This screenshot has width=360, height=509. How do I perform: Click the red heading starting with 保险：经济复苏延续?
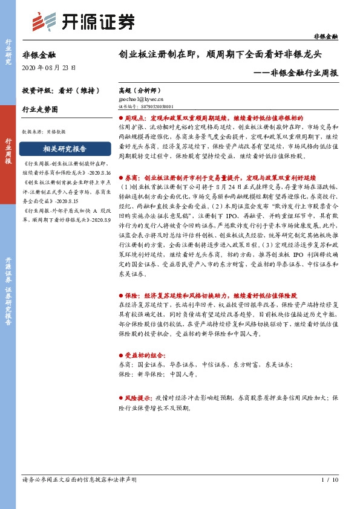[x=209, y=296]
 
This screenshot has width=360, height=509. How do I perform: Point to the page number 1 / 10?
[x=330, y=480]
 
